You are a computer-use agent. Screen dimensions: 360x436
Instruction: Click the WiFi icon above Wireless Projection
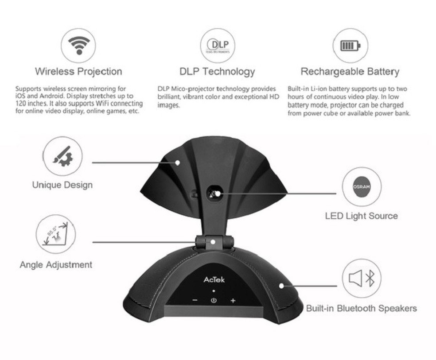click(x=79, y=45)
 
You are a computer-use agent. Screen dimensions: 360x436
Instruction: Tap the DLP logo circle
click(x=217, y=45)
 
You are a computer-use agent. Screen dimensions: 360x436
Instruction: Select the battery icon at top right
click(x=350, y=45)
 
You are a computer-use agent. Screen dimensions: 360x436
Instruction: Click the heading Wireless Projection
click(x=78, y=71)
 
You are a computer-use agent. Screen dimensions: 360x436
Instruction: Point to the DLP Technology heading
click(x=217, y=71)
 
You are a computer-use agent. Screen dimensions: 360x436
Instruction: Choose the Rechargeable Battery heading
click(x=350, y=71)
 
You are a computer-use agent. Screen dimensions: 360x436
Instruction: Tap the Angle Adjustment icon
click(x=56, y=235)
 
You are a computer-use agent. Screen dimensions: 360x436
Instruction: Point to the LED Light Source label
click(x=361, y=216)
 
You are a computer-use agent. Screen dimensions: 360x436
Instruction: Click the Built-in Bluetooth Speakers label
click(x=361, y=308)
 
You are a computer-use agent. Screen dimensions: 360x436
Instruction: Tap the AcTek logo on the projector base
click(x=214, y=279)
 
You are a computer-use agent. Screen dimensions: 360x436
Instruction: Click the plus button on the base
click(x=233, y=301)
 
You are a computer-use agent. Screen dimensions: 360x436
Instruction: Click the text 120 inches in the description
click(x=27, y=103)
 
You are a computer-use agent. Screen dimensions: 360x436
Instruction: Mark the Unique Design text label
click(x=62, y=185)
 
